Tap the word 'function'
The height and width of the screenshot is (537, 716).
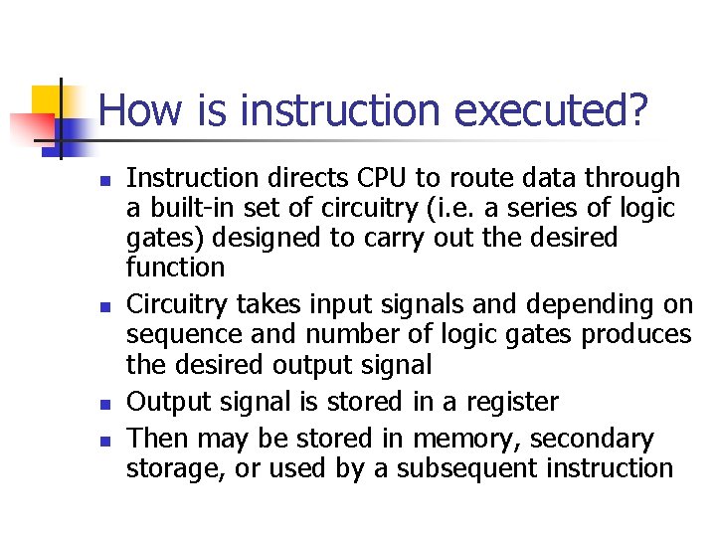[x=175, y=268]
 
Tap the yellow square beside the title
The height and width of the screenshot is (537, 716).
[x=46, y=100]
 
